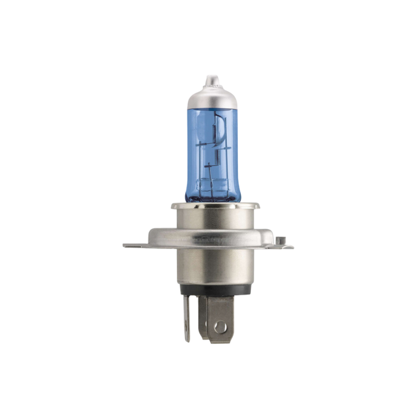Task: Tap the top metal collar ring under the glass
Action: click(208, 207)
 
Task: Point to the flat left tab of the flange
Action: click(132, 245)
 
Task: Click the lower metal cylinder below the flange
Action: click(208, 268)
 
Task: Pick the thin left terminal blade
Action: click(186, 319)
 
